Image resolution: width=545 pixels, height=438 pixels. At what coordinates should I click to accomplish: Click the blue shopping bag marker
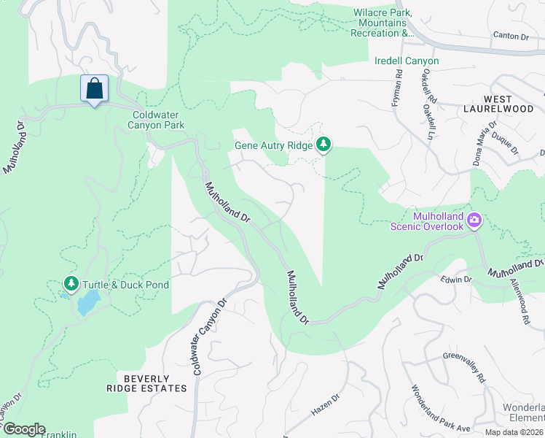pyautogui.click(x=94, y=89)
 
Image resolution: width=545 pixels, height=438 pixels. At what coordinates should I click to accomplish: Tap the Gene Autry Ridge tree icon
pyautogui.click(x=324, y=145)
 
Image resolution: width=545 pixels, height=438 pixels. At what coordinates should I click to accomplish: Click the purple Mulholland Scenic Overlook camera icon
pyautogui.click(x=475, y=220)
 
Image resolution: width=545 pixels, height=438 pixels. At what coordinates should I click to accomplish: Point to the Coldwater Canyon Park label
pyautogui.click(x=158, y=120)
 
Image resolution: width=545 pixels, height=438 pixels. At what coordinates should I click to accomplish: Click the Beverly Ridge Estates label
pyautogui.click(x=146, y=383)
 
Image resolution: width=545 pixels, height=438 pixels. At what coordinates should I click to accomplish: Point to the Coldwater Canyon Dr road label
pyautogui.click(x=209, y=338)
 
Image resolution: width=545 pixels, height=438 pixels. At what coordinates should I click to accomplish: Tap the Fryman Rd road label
pyautogui.click(x=398, y=88)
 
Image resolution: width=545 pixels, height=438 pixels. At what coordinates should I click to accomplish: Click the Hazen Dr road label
pyautogui.click(x=326, y=405)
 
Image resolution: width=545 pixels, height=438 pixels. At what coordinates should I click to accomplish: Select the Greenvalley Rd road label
pyautogui.click(x=463, y=368)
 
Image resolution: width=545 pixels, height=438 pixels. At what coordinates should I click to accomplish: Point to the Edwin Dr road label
pyautogui.click(x=457, y=280)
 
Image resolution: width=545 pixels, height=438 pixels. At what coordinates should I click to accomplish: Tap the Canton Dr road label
pyautogui.click(x=510, y=35)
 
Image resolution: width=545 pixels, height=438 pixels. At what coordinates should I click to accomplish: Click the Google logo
pyautogui.click(x=23, y=429)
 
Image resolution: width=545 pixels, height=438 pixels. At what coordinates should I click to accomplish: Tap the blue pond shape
pyautogui.click(x=87, y=301)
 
